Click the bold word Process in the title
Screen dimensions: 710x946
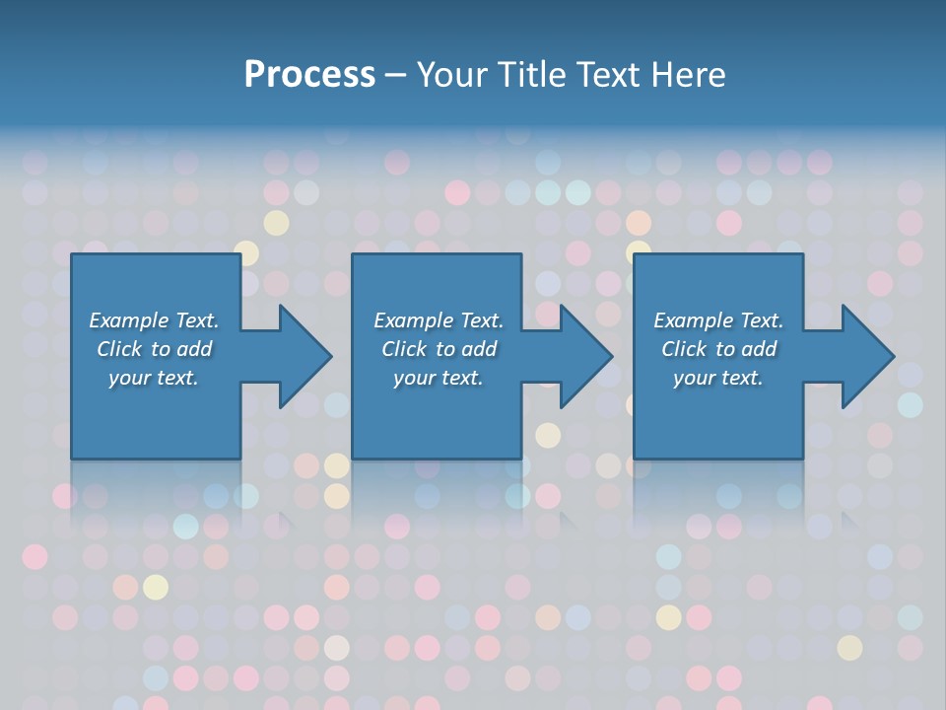[x=309, y=75]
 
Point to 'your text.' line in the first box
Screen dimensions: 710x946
[x=154, y=378]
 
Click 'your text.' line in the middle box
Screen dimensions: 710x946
[x=439, y=378]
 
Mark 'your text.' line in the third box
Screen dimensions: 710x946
[x=718, y=378]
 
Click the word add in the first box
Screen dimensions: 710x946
[x=194, y=349]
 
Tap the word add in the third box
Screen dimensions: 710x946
[x=759, y=349]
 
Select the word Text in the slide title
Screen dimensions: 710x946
[x=609, y=75]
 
